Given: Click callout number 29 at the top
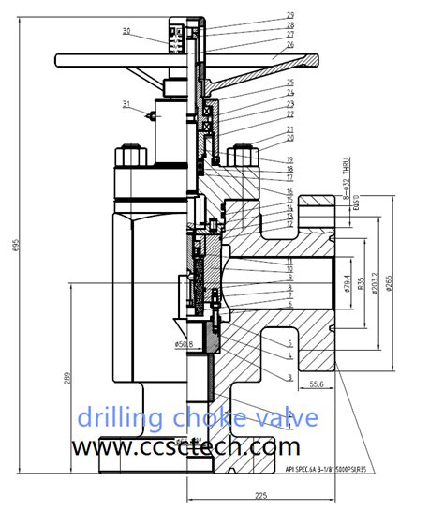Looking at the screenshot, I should point(289,15).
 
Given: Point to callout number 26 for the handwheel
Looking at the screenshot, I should point(289,44).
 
